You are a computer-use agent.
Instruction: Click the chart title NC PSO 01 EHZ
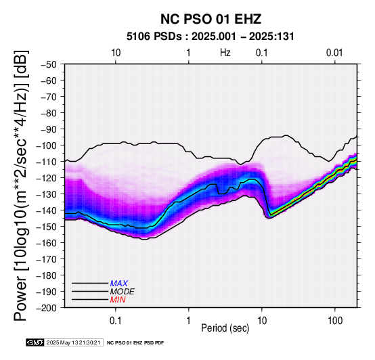pos(211,19)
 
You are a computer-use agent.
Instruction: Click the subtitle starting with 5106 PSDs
pos(211,37)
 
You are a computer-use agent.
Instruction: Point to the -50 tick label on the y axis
pos(49,64)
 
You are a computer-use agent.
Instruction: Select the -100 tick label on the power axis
pos(47,145)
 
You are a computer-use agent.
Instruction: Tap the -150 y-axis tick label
pos(47,227)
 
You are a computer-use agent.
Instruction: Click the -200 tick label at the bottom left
pos(47,308)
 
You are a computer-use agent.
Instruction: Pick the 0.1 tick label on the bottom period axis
pos(116,321)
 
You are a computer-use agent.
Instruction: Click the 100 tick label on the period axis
pos(335,321)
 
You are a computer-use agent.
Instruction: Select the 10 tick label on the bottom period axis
pos(262,321)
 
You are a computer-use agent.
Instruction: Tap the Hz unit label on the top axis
pos(225,53)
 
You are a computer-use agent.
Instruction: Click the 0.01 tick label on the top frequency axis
pos(334,53)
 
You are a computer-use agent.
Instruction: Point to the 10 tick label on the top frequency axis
pos(116,53)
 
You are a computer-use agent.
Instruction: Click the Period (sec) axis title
pos(225,328)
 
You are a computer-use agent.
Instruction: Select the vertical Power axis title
pos(21,185)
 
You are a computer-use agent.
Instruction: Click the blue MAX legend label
pos(119,284)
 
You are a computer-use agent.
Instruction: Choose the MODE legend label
pos(123,292)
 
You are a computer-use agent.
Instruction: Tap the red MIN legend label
pos(118,300)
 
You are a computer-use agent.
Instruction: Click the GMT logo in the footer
pos(35,342)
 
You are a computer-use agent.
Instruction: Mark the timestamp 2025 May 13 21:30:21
pos(73,342)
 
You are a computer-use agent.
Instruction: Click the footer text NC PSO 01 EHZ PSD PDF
pos(135,343)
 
